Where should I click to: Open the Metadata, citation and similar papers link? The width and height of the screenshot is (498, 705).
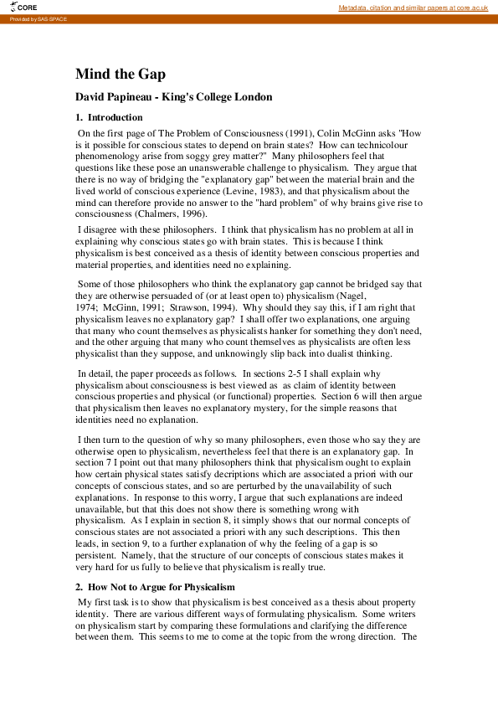pos(413,8)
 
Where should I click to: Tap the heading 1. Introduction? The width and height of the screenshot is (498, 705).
pos(109,117)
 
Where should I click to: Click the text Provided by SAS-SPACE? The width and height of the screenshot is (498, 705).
pos(38,18)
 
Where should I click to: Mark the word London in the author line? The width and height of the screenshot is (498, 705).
pos(251,97)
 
